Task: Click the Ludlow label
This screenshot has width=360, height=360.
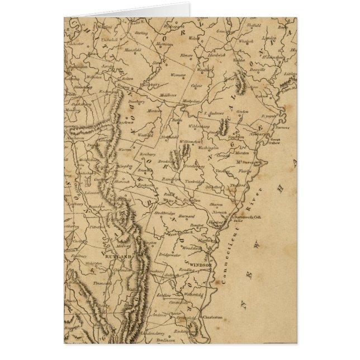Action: click(x=164, y=293)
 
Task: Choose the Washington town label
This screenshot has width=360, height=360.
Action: click(x=207, y=148)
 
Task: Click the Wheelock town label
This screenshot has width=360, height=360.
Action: click(x=246, y=40)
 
